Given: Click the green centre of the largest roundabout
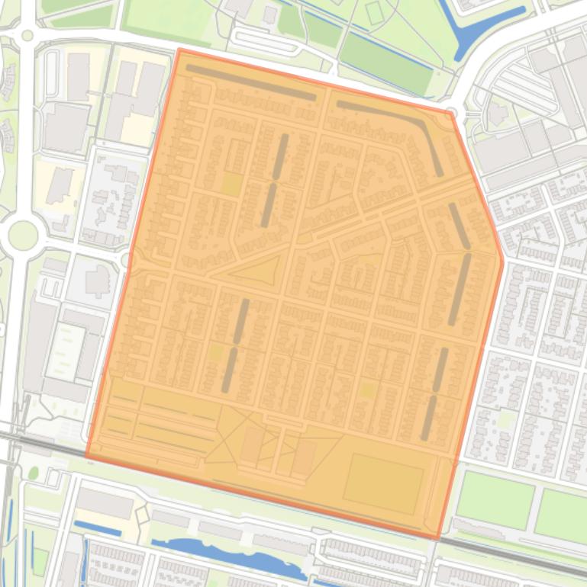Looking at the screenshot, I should pyautogui.click(x=22, y=235).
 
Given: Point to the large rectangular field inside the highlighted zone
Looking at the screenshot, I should pyautogui.click(x=383, y=485).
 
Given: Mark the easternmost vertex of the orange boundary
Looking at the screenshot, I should pyautogui.click(x=502, y=260).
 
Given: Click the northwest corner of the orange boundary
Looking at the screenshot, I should pyautogui.click(x=179, y=50).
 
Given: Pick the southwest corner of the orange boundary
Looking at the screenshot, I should pyautogui.click(x=86, y=455).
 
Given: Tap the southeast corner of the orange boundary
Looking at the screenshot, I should pyautogui.click(x=438, y=538).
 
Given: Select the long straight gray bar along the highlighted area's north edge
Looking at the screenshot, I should pyautogui.click(x=251, y=82).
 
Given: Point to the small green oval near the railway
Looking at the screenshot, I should pyautogui.click(x=34, y=473).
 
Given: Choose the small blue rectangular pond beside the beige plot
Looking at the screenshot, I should pyautogui.click(x=97, y=528).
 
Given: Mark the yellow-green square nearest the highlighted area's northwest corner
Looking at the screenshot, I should pyautogui.click(x=231, y=183).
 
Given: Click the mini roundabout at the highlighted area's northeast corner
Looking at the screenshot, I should pyautogui.click(x=451, y=114).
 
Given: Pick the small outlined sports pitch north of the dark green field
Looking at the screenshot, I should pyautogui.click(x=373, y=13).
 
